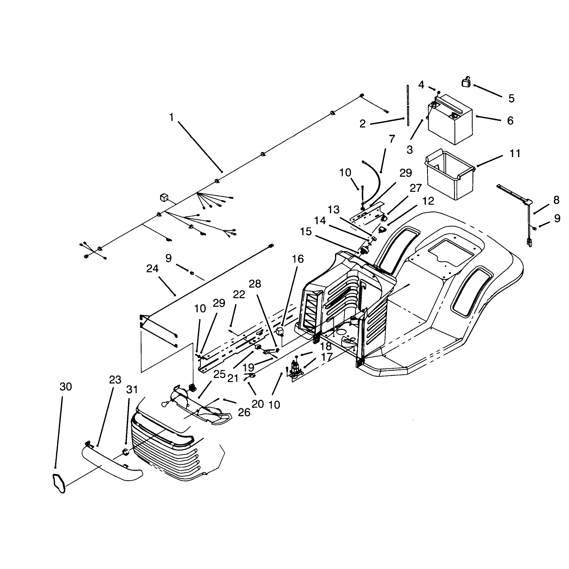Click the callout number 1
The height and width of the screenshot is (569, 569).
point(171,117)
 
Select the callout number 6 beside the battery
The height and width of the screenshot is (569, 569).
point(510,121)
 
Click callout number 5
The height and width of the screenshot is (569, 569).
point(511,98)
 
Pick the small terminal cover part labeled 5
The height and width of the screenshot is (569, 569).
point(466,81)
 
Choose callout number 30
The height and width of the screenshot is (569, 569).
point(66,387)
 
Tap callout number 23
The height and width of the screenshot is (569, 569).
point(115,380)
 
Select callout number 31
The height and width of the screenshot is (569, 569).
point(132,389)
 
